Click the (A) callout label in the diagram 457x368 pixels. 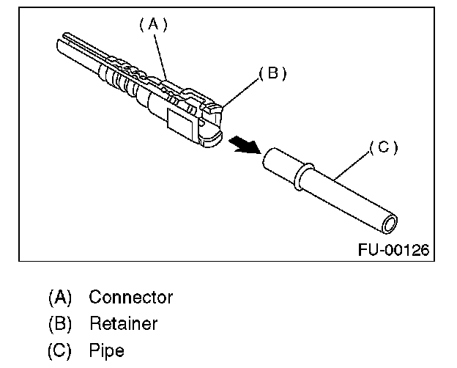tap(153, 24)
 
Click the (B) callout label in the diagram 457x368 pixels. tap(271, 73)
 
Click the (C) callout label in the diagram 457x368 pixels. tap(382, 147)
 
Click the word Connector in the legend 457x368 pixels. tap(130, 298)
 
